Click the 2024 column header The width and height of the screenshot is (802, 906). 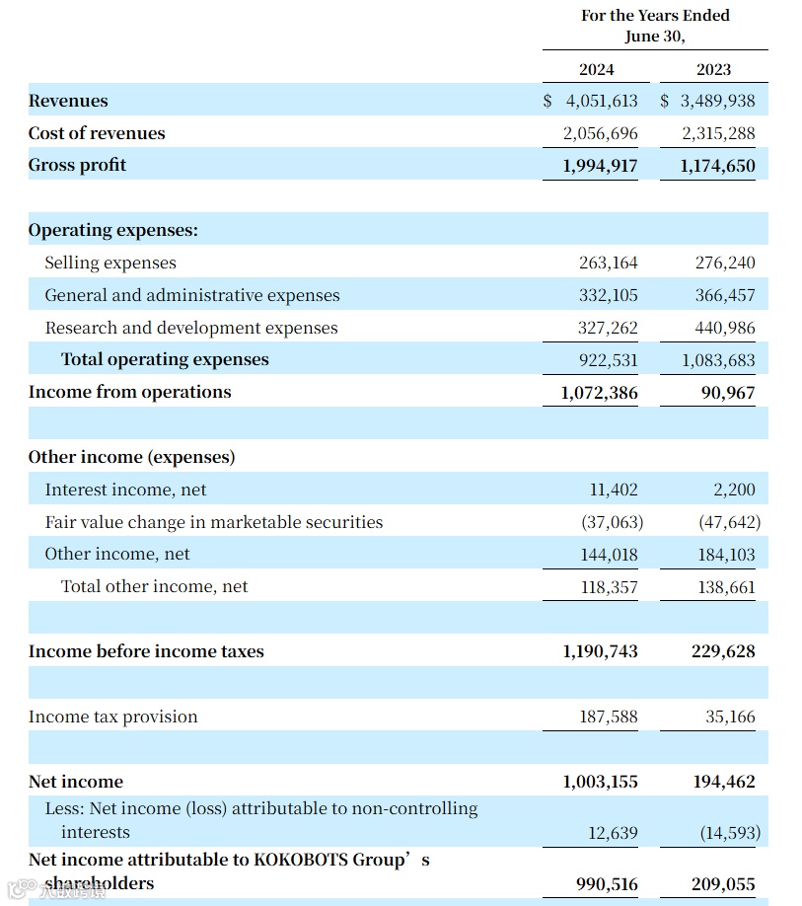pos(596,69)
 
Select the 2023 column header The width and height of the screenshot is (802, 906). pos(713,69)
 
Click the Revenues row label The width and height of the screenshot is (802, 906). pos(68,101)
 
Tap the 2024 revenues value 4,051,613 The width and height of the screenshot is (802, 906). pos(601,101)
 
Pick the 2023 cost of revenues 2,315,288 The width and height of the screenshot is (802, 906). pos(718,133)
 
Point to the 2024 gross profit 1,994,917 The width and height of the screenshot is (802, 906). pos(600,166)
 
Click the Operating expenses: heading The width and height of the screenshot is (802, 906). pos(112,230)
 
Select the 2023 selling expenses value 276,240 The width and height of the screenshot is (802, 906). pos(725,263)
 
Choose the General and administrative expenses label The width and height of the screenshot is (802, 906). pos(191,295)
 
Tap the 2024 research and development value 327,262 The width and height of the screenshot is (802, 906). pos(608,328)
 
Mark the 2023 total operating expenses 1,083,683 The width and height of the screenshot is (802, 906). pos(718,360)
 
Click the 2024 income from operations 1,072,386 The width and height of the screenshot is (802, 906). pos(599,393)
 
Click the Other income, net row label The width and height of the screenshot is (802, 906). pos(116,554)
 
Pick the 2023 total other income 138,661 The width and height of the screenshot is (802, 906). pos(725,587)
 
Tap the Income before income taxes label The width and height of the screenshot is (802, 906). pos(146,651)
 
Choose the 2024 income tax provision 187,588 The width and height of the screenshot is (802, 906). pos(608,717)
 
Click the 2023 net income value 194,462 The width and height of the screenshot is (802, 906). pos(723,782)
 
